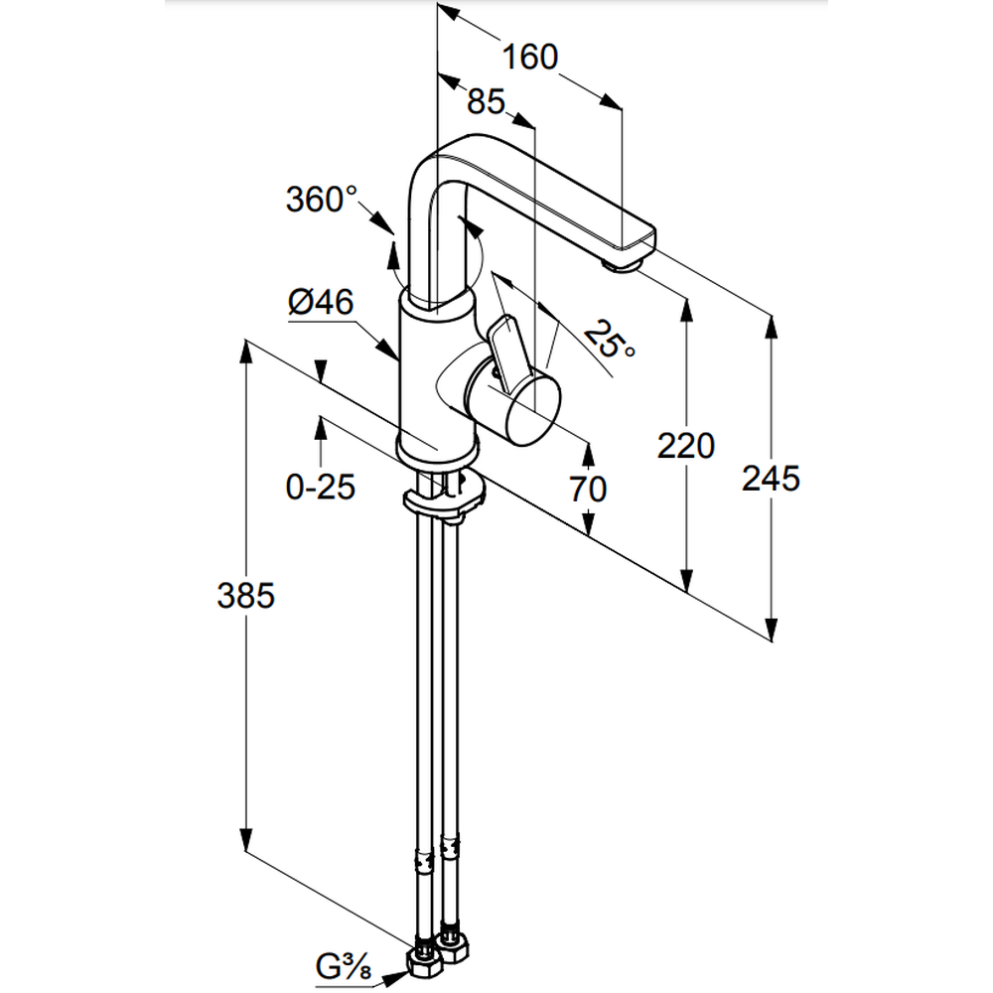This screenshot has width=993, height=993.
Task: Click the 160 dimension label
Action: point(529,58)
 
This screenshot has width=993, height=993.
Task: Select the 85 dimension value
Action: point(486,101)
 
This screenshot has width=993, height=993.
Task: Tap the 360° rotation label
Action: point(321,200)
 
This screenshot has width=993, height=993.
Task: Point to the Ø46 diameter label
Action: point(321,303)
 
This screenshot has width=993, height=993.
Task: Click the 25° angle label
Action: point(609,341)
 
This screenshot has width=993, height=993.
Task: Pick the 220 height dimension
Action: point(685,446)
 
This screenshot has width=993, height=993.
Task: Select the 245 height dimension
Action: point(771,479)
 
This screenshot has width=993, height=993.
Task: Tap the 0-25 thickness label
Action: point(321,488)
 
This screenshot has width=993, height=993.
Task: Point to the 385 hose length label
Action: point(245,596)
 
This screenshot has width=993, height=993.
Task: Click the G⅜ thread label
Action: point(342,964)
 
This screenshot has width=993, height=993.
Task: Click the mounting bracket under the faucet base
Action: point(444,500)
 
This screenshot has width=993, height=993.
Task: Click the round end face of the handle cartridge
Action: point(534,406)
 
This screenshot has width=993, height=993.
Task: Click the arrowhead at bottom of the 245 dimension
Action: point(771,632)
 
